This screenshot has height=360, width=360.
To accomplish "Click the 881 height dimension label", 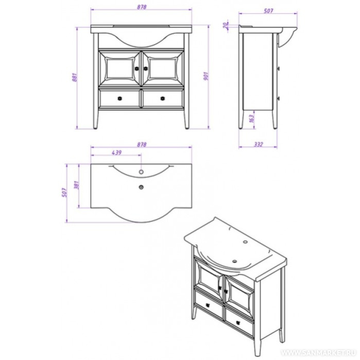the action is pos(74,77).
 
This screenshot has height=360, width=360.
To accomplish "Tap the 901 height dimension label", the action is pos(206,76).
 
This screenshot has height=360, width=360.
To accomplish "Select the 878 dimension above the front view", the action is pos(142,7).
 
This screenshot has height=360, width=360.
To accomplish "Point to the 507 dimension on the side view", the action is pos(268,11).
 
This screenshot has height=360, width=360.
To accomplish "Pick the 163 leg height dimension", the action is pos(252,118).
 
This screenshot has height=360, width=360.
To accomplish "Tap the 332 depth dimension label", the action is pos(259,144).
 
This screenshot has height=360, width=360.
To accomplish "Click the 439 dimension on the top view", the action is pos(116,152).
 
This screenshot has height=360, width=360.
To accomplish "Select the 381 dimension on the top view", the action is pos(77,185).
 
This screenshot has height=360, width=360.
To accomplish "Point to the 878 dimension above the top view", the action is pos(142,145).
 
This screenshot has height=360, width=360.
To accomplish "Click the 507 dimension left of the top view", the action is pos(64,193).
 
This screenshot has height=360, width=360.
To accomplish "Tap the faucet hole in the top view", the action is pos(141,172).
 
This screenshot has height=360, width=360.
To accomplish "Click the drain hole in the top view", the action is pos(141,187).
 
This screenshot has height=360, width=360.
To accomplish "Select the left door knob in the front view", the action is pos(137,68).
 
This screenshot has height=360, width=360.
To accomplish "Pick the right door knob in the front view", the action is pos(145,68).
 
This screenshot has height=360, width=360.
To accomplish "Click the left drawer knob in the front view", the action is pos(119,98).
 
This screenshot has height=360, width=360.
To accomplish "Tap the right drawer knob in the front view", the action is pos(163,98).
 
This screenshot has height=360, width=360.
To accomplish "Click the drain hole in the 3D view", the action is pos(235,261).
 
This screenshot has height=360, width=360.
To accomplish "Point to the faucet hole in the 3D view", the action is pos(246,242).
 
